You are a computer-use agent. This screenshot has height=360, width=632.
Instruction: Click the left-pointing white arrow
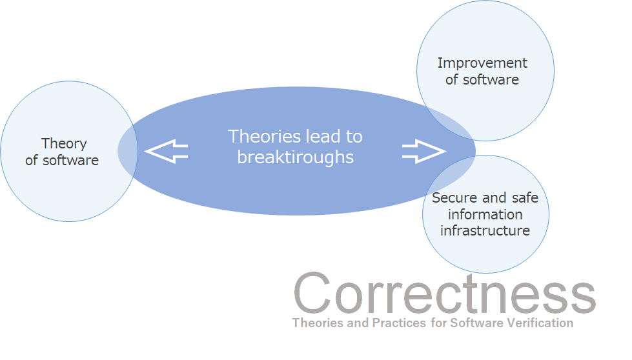coord(166,152)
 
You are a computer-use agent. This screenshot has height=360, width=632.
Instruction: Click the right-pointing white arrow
coord(424,152)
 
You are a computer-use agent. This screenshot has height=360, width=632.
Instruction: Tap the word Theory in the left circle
coord(64,144)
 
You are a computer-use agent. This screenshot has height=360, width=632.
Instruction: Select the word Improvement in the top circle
coord(482,63)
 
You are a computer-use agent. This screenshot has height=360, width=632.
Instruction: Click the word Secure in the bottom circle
coord(454,197)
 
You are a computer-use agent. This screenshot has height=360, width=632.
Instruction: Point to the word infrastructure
coord(485,231)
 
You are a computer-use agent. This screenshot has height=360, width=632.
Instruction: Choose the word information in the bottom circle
coord(485,214)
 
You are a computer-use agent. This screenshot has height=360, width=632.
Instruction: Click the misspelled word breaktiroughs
coord(295,157)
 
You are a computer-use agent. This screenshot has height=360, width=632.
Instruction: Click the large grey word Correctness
coord(445,293)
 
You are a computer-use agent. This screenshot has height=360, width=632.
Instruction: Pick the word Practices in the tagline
coord(398,323)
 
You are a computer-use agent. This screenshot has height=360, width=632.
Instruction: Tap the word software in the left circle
coord(70,160)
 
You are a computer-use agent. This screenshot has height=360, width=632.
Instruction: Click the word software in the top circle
coord(491,80)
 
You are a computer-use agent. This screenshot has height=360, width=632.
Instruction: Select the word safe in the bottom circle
coord(525,197)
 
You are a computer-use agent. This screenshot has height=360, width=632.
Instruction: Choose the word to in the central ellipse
coord(354,137)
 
